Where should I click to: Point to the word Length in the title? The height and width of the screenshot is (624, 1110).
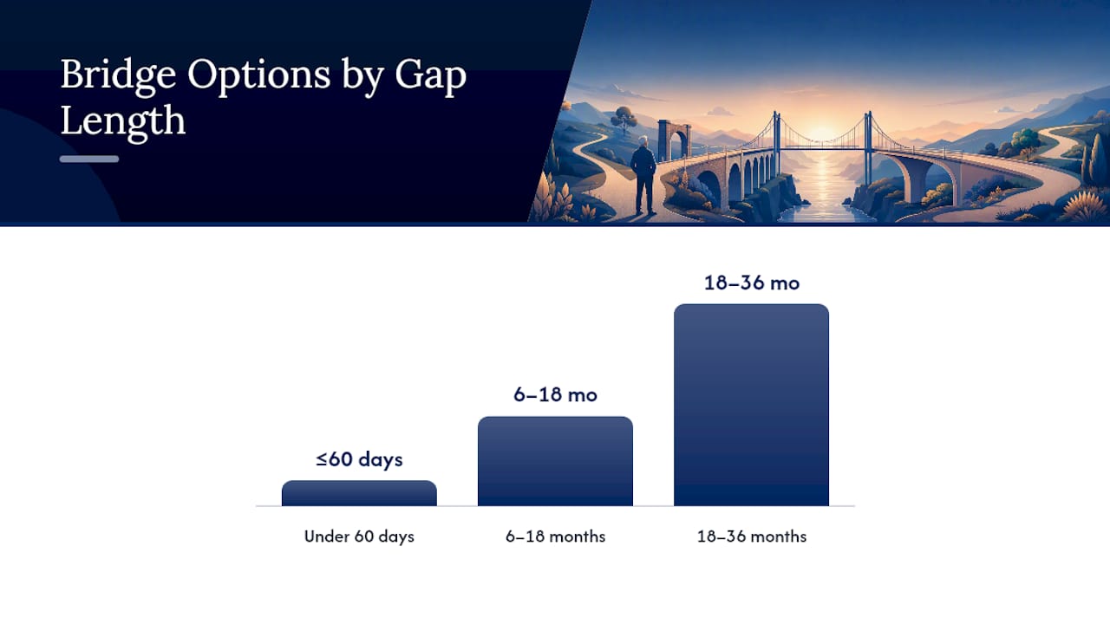(x=123, y=120)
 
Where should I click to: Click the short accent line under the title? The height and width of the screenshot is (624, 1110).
(x=89, y=159)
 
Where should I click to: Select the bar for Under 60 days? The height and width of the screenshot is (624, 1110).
(x=359, y=493)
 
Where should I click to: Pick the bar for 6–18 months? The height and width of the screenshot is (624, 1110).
(x=555, y=461)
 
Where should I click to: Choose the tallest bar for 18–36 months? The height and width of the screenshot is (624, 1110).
(x=751, y=405)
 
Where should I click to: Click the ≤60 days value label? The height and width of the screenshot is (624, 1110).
(x=359, y=459)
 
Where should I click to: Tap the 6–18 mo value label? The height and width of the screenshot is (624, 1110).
(x=555, y=394)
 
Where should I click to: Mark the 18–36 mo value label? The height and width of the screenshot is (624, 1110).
(x=752, y=283)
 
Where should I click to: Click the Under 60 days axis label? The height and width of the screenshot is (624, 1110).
(x=359, y=536)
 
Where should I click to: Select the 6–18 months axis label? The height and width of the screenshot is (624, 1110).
(x=555, y=536)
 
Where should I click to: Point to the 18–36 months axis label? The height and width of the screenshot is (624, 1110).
(x=752, y=536)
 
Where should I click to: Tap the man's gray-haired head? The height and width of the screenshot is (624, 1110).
(x=643, y=142)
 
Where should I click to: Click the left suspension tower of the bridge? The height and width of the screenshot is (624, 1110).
(x=776, y=136)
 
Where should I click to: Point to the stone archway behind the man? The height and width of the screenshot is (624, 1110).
(x=674, y=139)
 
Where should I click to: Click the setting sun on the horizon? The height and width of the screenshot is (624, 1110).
(x=821, y=133)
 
